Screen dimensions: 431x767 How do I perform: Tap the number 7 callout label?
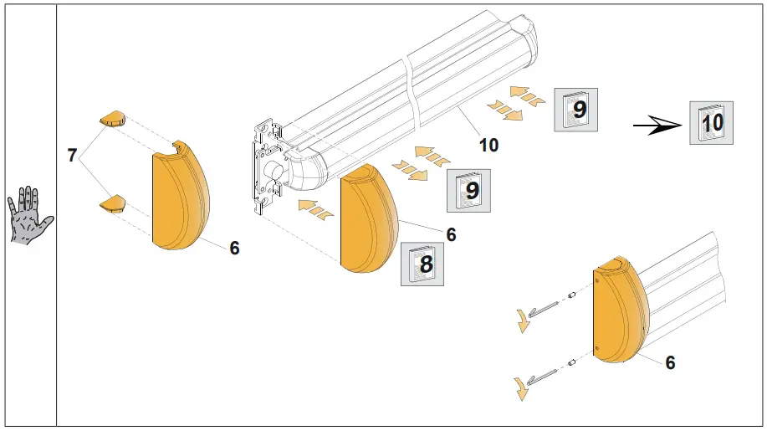pos(72,156)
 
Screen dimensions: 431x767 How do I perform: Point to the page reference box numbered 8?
pos(422,264)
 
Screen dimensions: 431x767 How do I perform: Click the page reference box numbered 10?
pos(712,123)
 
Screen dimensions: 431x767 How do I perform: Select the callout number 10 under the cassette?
pos(488,145)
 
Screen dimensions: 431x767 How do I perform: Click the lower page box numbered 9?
pos(469,190)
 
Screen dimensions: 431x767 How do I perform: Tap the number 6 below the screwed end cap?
pos(669,362)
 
